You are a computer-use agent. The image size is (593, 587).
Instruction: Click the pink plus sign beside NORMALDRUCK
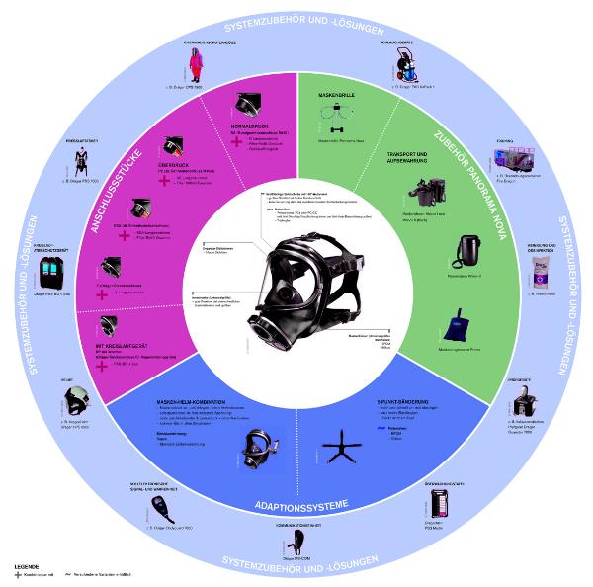(x=236, y=141)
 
